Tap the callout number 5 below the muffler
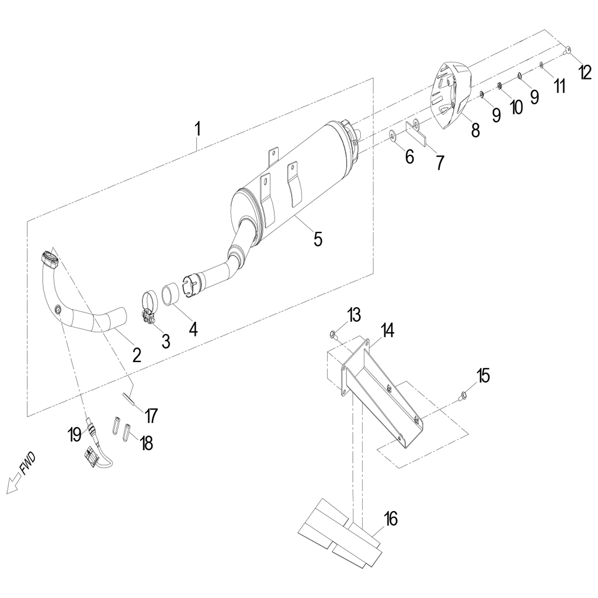(318, 239)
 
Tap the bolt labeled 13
(333, 335)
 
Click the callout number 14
(387, 330)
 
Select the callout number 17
(151, 415)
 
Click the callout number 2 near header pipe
(137, 354)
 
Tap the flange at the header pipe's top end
(49, 258)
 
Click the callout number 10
(516, 107)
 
